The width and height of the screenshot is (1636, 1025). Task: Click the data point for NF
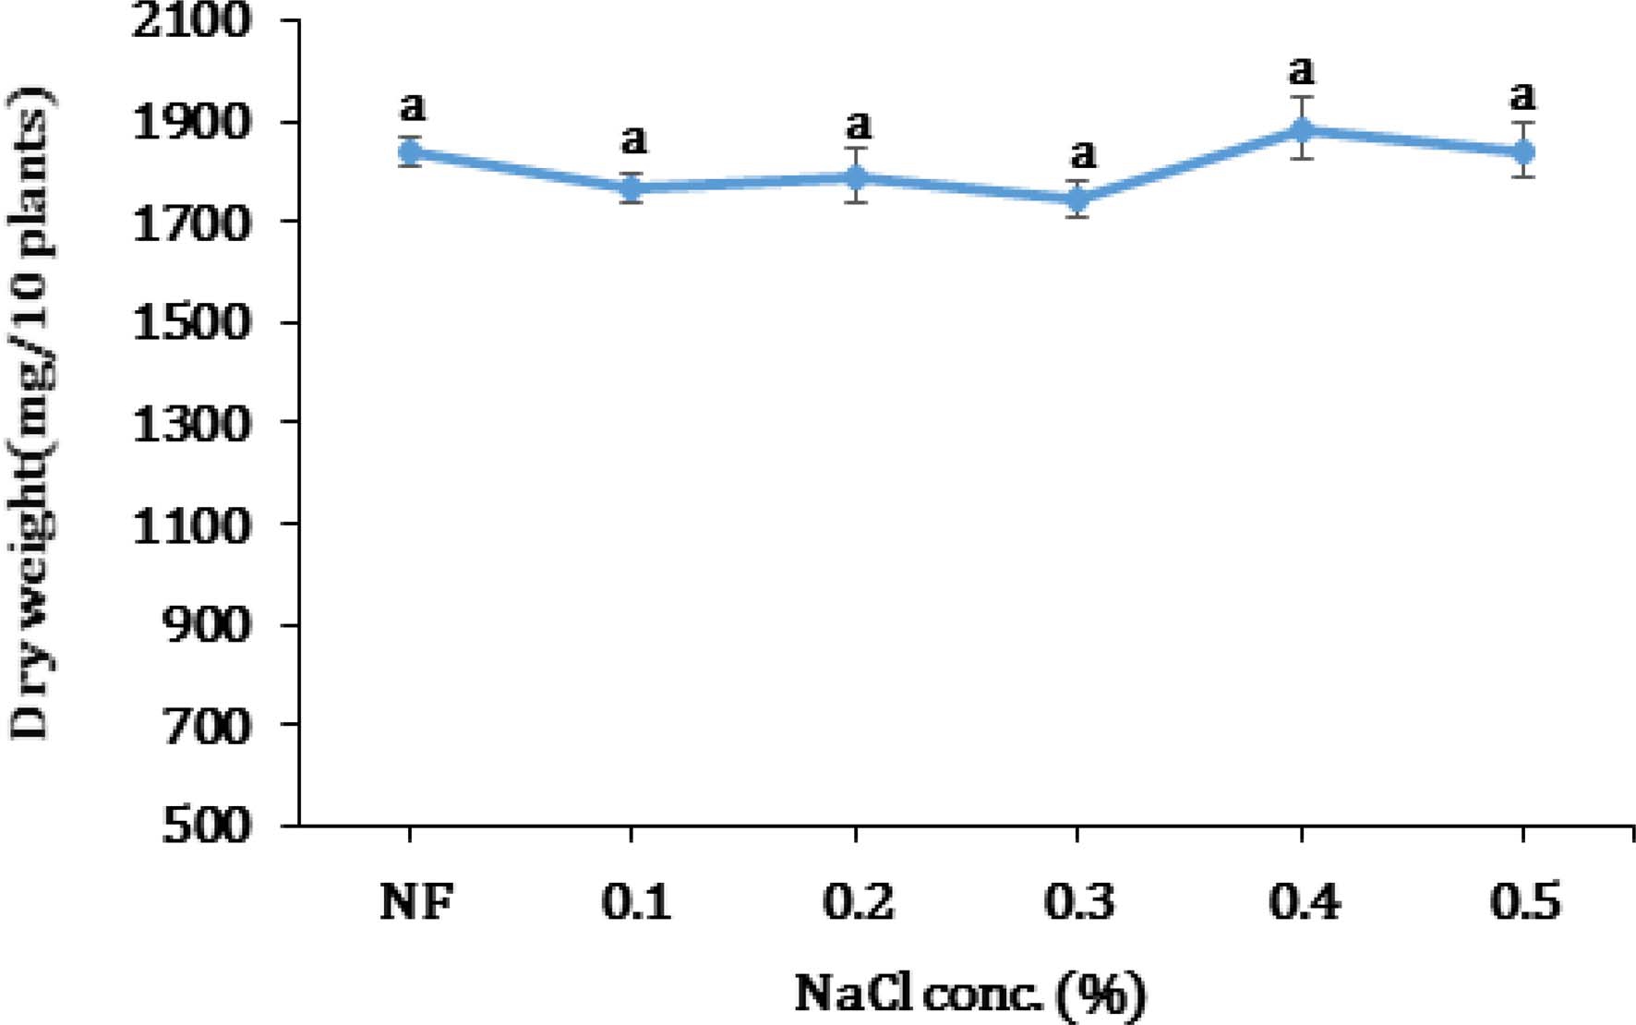point(409,152)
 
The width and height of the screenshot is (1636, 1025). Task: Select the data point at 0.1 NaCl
point(632,188)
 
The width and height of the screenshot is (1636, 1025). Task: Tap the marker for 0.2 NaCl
point(857,176)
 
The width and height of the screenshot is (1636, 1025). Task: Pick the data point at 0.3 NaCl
point(1077,199)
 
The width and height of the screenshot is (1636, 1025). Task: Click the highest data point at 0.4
point(1302,129)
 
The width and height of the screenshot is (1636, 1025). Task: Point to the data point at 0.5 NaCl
point(1523,151)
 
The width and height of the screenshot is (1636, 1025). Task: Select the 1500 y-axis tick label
point(192,322)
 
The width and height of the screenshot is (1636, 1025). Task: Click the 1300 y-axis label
point(192,424)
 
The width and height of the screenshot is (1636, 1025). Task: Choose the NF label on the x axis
point(416,902)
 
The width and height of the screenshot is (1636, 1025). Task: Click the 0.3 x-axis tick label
point(1078,902)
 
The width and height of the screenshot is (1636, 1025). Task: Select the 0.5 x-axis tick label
point(1525,902)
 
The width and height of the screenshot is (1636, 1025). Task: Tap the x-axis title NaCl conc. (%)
point(969,995)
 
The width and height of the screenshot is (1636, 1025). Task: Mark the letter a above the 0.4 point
point(1302,70)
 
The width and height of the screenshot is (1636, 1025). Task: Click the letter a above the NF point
point(413,106)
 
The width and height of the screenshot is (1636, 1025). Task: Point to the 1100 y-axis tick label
point(192,525)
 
